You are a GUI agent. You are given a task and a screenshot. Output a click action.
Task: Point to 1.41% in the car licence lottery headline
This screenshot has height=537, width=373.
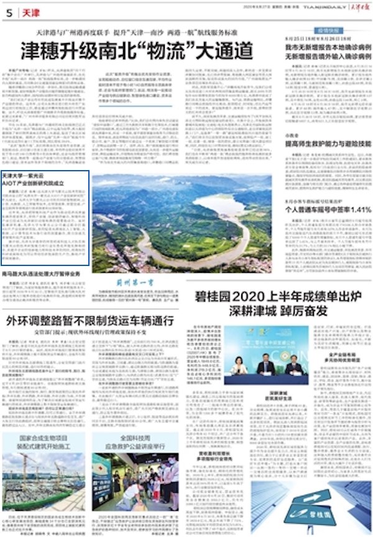pyautogui.click(x=357, y=210)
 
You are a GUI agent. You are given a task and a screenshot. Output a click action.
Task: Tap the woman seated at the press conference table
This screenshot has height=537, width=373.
pyautogui.click(x=238, y=365)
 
